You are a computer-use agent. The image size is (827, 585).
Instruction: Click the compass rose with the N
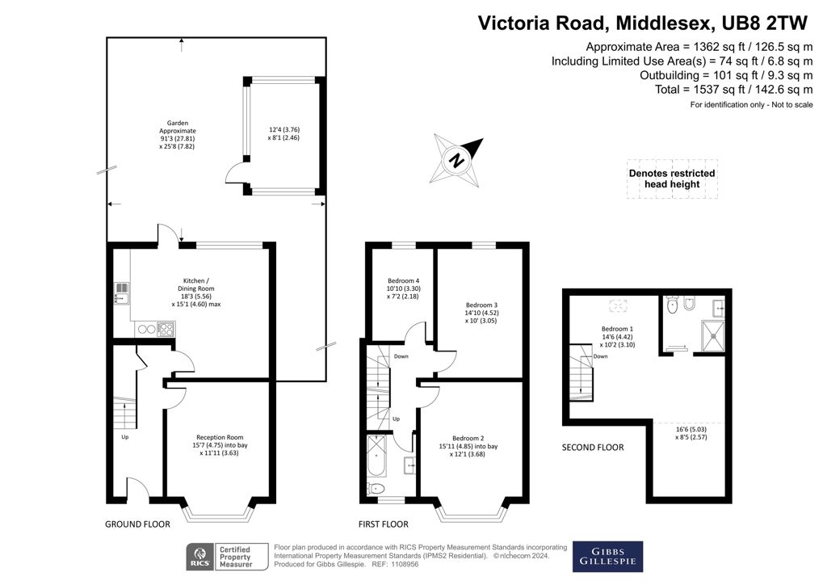(457, 160)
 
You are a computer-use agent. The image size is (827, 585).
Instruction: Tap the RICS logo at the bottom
(200, 557)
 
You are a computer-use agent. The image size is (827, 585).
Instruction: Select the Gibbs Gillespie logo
(607, 557)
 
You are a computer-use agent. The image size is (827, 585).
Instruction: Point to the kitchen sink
(122, 293)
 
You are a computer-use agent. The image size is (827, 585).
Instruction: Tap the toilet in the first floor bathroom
(376, 488)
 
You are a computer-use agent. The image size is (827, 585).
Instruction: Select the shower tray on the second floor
(713, 336)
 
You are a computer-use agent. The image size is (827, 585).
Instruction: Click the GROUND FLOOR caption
(137, 524)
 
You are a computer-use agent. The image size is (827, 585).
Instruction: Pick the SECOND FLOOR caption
(593, 448)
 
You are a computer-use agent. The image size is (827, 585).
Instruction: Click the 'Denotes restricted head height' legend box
(672, 179)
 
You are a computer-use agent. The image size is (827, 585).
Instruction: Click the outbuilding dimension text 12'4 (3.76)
(284, 130)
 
